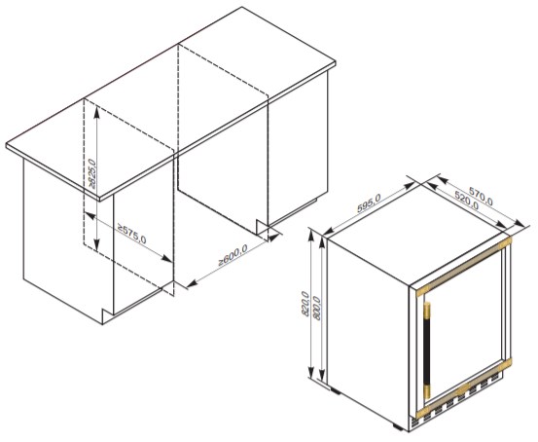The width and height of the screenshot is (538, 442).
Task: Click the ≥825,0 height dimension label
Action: [x=92, y=173]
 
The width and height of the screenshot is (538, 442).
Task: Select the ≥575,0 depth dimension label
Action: [x=131, y=234]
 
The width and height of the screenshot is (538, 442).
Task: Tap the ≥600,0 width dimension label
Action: [x=233, y=255]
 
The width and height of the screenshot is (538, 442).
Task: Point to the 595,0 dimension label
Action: [x=369, y=203]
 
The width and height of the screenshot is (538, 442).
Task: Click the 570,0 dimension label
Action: [x=481, y=196]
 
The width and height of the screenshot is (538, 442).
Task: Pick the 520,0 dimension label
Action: [x=467, y=201]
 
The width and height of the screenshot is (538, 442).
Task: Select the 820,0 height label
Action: [x=305, y=303]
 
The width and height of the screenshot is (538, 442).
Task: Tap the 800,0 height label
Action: [x=317, y=309]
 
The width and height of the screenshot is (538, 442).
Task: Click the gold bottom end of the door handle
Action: [x=427, y=391]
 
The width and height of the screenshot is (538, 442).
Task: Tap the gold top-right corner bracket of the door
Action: [x=505, y=242]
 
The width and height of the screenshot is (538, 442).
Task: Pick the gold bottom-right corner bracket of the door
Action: [x=505, y=364]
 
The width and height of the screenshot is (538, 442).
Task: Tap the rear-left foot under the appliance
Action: [x=335, y=390]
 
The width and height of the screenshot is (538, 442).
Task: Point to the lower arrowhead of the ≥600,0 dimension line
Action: [x=192, y=283]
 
